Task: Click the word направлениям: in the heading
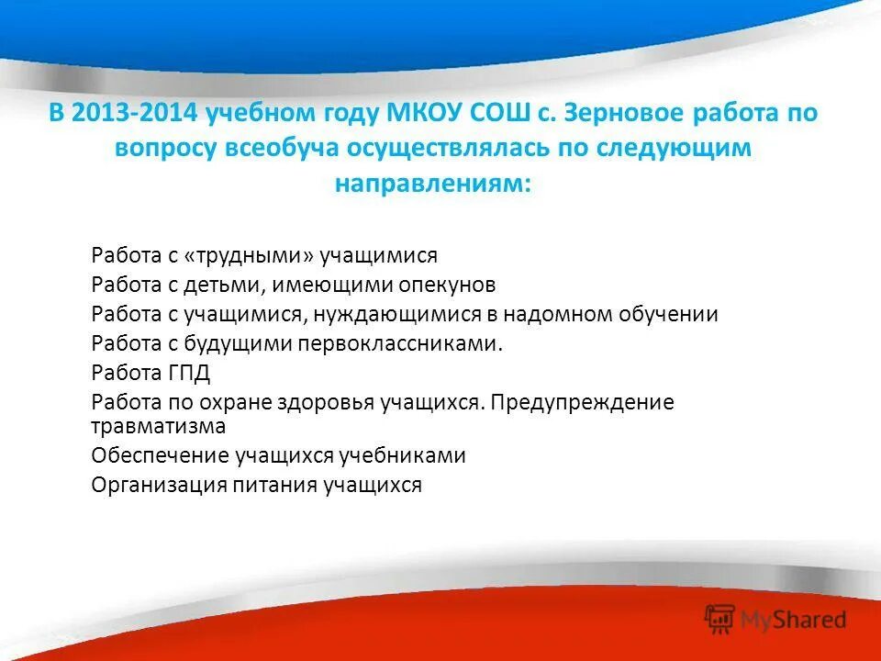(x=433, y=184)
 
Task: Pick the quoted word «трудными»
(x=249, y=256)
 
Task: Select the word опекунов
(x=447, y=285)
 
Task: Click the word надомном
(x=558, y=314)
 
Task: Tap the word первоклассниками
(x=396, y=343)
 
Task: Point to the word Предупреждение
(x=582, y=402)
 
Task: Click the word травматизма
(x=159, y=426)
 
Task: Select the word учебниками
(x=402, y=455)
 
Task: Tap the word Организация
(x=160, y=485)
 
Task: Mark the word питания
(x=275, y=485)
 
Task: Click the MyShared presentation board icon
(x=719, y=619)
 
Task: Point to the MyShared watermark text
(x=793, y=620)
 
